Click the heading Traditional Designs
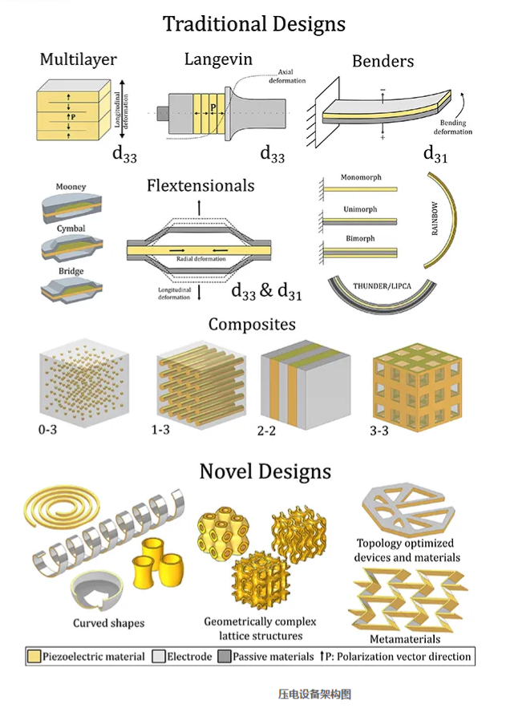tap(254, 24)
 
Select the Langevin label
tap(218, 59)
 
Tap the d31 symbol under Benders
tap(435, 154)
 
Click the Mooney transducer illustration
tap(71, 208)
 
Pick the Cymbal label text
tap(71, 229)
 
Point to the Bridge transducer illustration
tap(71, 290)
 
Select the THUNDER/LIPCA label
tap(382, 286)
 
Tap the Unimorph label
tap(360, 209)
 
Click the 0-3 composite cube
tap(84, 382)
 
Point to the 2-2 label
tap(266, 431)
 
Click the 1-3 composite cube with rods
tap(201, 384)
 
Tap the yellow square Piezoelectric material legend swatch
tap(34, 657)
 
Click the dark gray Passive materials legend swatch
tap(225, 657)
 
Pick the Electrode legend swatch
tap(159, 657)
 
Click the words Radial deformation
tap(200, 259)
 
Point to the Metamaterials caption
tap(405, 639)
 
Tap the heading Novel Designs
tap(265, 471)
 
